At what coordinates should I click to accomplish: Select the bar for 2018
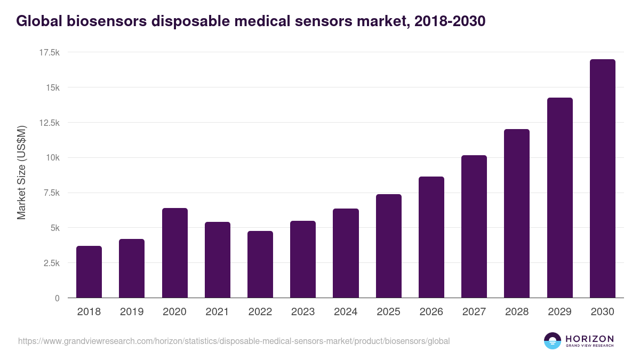click(89, 272)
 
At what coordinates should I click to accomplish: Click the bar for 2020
click(175, 253)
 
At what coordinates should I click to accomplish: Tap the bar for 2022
click(260, 265)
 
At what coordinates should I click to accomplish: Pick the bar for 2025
click(389, 246)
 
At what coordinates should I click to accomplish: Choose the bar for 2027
click(474, 227)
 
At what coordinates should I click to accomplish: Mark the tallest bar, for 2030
click(603, 179)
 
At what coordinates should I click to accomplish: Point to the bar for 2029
click(560, 198)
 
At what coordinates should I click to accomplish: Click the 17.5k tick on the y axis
click(49, 52)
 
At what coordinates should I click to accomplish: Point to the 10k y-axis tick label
click(52, 158)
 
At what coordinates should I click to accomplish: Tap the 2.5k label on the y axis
click(51, 263)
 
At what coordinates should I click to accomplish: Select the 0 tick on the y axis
click(57, 298)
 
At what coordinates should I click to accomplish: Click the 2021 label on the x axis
click(218, 312)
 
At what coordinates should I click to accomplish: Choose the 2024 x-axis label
click(346, 312)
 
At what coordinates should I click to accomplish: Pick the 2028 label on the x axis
click(517, 312)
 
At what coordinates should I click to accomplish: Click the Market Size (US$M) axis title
click(22, 172)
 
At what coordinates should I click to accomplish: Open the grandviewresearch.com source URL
click(234, 341)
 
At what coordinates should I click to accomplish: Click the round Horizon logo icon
click(553, 341)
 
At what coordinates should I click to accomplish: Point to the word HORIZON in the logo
click(590, 338)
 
